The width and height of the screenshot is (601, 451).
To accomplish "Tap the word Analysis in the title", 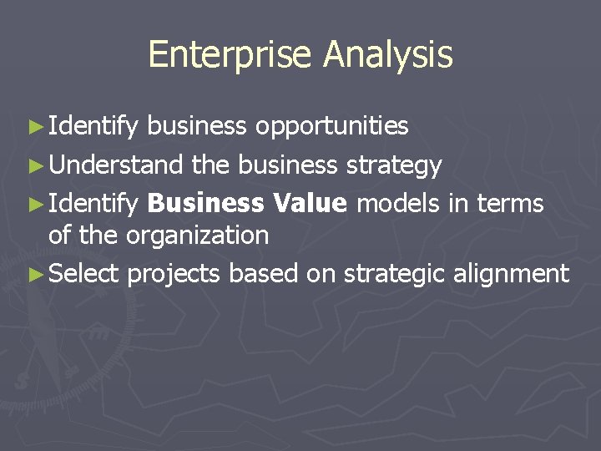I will click(x=388, y=55).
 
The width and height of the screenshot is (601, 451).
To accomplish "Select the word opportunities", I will click(x=331, y=125).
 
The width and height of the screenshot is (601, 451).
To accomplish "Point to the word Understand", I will click(x=115, y=165).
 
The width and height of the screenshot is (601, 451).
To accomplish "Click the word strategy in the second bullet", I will click(x=393, y=166).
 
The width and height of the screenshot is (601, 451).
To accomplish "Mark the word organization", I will click(x=197, y=236).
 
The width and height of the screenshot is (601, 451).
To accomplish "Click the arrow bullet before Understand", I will click(x=33, y=165).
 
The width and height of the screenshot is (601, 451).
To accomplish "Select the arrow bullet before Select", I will click(x=33, y=273).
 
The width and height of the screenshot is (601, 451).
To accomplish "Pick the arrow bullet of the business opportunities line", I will click(x=33, y=126).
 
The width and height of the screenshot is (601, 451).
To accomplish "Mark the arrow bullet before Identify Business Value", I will click(x=33, y=204).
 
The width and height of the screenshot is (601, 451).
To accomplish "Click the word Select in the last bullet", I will click(x=84, y=273).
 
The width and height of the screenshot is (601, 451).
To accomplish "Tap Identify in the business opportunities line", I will click(x=93, y=126).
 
